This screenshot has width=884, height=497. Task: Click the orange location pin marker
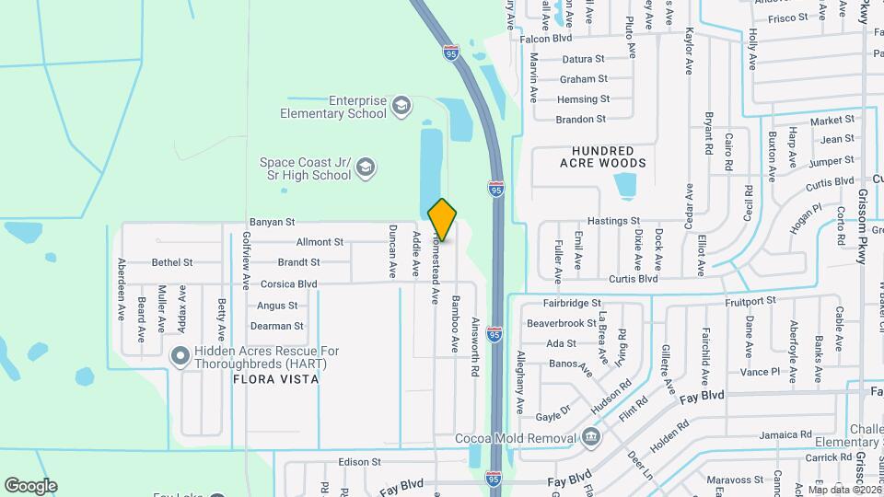[x=443, y=220]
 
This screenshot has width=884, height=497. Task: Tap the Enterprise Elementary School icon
[x=401, y=106]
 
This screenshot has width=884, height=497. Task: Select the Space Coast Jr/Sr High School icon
[x=366, y=168]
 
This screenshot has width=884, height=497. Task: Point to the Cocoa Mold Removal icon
[x=590, y=435]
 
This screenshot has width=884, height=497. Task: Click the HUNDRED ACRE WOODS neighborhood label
[x=603, y=156]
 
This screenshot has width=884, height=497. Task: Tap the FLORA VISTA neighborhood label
[x=275, y=379]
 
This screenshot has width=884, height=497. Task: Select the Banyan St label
[x=272, y=222]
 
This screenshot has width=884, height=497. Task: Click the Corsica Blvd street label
[x=288, y=284]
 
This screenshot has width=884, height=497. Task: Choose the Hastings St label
[x=613, y=222]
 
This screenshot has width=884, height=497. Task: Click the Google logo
[x=30, y=485]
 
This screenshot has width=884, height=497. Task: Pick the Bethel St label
[x=172, y=262]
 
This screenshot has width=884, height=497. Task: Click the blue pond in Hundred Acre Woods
[x=627, y=185]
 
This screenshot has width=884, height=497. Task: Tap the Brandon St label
[x=582, y=120]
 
